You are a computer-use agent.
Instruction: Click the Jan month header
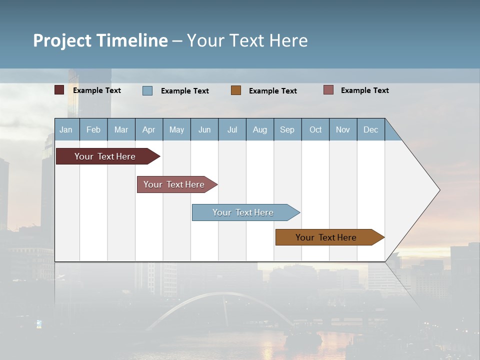(x=66, y=129)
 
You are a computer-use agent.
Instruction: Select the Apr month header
(x=148, y=129)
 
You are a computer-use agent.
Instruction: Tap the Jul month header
(x=232, y=129)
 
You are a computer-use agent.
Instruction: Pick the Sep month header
(x=287, y=129)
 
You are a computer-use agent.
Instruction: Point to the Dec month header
(x=370, y=129)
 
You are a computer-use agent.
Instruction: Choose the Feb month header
(x=93, y=129)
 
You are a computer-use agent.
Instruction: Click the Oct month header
(x=315, y=129)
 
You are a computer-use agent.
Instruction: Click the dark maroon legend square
(x=59, y=90)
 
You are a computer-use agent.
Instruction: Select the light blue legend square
(x=147, y=90)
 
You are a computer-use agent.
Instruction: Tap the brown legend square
(x=236, y=90)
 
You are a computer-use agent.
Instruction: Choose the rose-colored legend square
(x=328, y=90)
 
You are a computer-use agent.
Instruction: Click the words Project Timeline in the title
(x=100, y=40)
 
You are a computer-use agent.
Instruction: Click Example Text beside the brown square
(x=272, y=91)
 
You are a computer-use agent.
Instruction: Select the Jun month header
(x=204, y=129)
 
